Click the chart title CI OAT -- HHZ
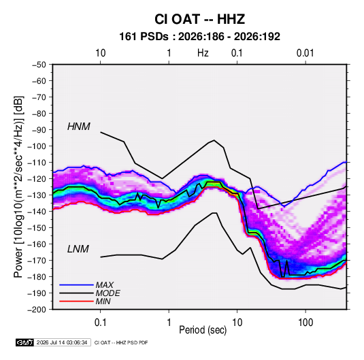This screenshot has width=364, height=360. coord(199,19)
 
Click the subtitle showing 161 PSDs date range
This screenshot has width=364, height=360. coord(199,37)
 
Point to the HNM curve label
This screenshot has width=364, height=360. coord(79,127)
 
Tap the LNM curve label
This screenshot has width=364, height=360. coord(78,249)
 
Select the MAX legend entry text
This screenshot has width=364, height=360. coord(105,285)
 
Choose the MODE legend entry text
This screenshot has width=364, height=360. coord(107,293)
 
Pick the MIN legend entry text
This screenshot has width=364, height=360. coord(103,301)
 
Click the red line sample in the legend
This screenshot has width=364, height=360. coord(76,301)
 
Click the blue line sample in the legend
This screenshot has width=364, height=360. coord(76,285)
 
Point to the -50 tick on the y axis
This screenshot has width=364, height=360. coord(39,65)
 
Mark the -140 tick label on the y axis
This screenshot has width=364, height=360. coord(37,212)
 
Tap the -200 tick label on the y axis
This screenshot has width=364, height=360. coord(37,310)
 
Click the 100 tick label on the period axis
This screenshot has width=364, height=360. coord(305,323)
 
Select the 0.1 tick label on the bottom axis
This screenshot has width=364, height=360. coord(100,323)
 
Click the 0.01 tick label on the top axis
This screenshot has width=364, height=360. coord(305,53)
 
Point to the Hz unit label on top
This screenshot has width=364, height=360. coord(203,53)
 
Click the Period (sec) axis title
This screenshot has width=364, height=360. coord(203,330)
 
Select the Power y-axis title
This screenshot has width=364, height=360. coord(18,187)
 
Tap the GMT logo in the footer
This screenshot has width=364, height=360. coord(25,342)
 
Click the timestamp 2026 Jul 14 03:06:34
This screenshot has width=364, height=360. coord(62,342)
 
